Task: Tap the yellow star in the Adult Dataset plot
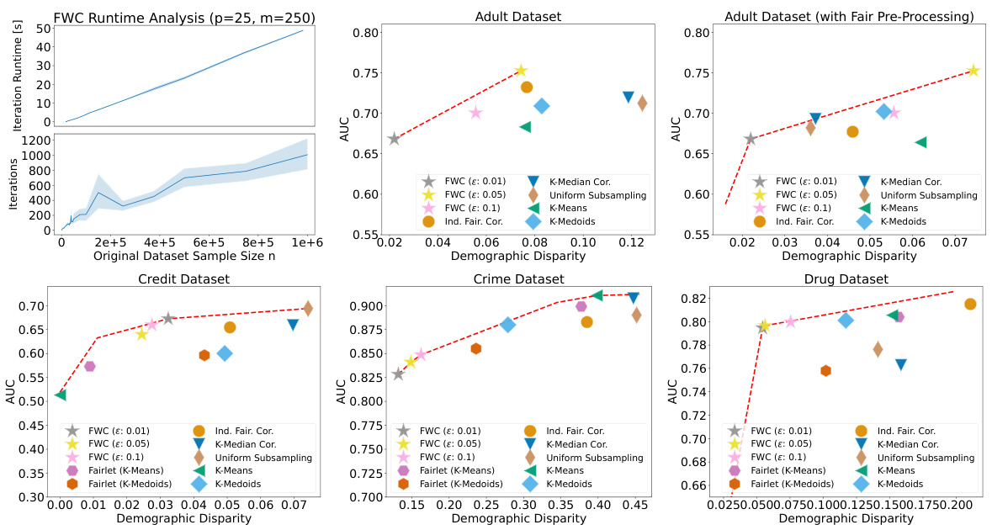coord(521,71)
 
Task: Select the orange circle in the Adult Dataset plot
coord(527,87)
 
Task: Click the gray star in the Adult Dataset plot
coord(394,139)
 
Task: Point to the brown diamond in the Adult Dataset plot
coord(642,103)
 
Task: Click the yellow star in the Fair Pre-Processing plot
coord(973,71)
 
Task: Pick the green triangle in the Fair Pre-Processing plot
coord(921,142)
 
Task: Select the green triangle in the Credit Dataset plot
coord(61,394)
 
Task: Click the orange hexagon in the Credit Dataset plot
coord(204,355)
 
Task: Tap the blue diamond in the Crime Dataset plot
coord(507,325)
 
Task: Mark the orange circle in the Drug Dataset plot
coord(970,304)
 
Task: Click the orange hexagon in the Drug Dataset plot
coord(825,370)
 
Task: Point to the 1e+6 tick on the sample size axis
coord(307,242)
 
